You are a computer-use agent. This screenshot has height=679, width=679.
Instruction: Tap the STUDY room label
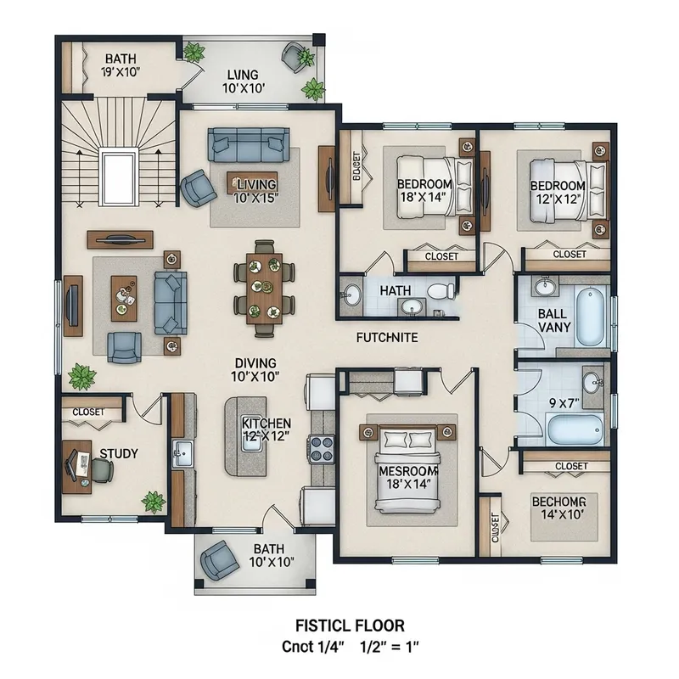[119, 454]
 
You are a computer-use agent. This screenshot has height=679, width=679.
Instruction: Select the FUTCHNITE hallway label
[386, 337]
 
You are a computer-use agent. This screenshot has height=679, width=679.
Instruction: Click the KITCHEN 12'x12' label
[267, 429]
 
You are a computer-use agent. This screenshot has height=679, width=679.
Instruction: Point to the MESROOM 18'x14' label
[408, 477]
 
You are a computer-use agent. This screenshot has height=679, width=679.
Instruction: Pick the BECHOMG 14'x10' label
[559, 508]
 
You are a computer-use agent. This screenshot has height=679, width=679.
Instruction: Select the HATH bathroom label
[396, 291]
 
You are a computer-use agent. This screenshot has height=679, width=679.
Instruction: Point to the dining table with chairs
[264, 282]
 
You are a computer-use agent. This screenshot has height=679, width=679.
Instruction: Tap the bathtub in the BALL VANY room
[592, 317]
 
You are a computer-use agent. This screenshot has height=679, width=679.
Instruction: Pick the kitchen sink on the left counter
[182, 452]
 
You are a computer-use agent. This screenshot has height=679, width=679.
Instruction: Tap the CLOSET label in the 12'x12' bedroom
[569, 254]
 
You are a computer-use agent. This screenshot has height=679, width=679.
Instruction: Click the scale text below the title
[351, 647]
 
